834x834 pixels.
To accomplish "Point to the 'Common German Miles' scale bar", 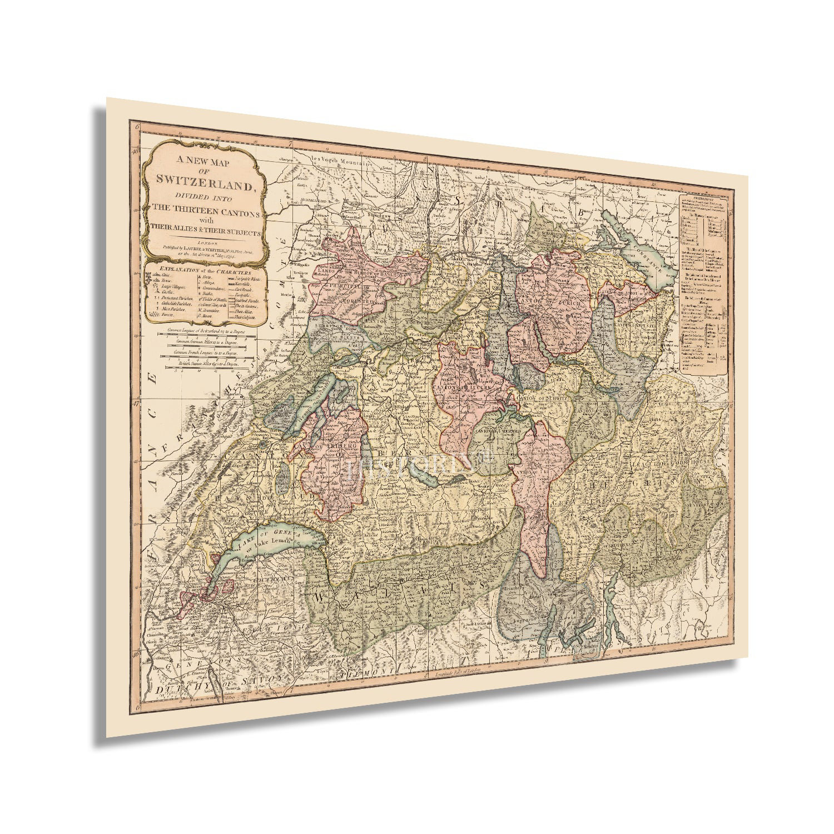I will [206, 342].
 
